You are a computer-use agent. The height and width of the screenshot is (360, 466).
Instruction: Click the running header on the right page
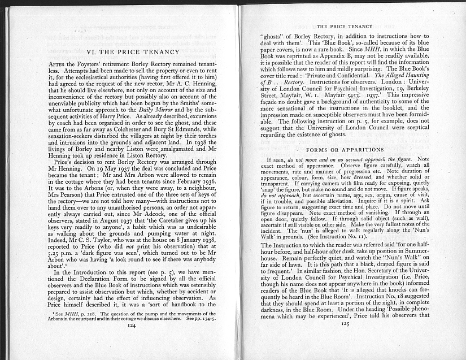(x=345, y=26)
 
